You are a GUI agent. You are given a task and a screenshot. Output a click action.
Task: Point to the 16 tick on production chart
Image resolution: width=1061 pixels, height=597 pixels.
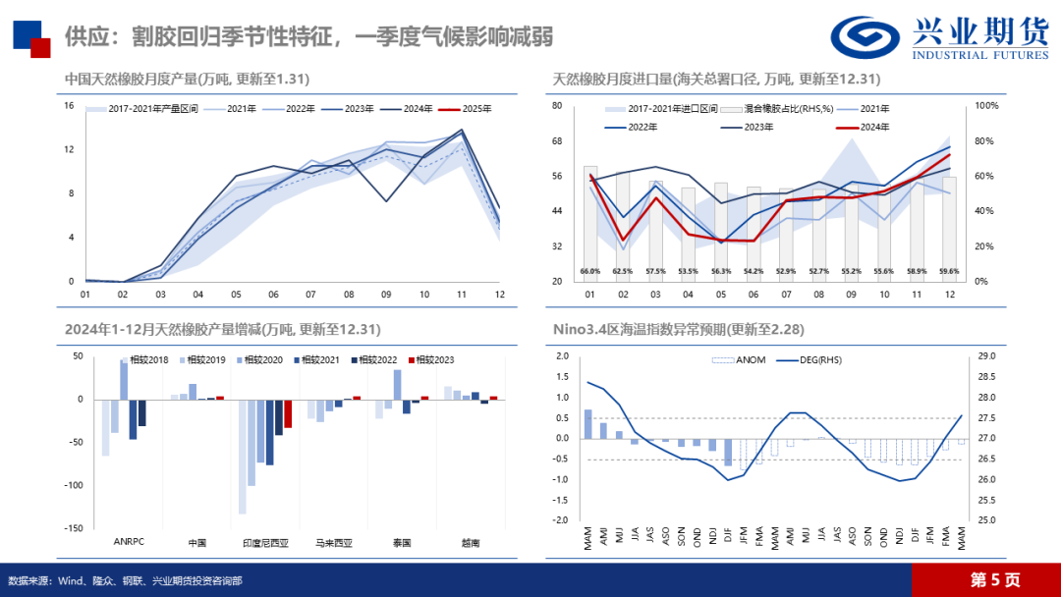tap(69, 105)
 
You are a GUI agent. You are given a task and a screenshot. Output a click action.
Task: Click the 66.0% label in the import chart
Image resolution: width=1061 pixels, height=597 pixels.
tap(589, 271)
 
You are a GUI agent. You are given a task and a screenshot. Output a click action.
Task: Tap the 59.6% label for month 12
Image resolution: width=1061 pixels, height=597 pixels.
tap(948, 271)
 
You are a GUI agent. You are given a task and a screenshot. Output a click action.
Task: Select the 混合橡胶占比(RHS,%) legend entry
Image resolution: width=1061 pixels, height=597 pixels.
tap(763, 109)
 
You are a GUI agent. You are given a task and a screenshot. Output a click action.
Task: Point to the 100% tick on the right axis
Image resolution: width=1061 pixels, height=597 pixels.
tap(985, 105)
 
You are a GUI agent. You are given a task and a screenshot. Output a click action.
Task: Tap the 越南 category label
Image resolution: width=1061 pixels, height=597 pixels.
tap(473, 541)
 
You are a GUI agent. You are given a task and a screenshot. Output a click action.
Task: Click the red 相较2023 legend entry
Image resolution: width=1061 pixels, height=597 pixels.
tap(433, 360)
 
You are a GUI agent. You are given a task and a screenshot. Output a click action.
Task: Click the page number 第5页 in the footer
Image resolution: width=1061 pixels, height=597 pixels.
tap(994, 579)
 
